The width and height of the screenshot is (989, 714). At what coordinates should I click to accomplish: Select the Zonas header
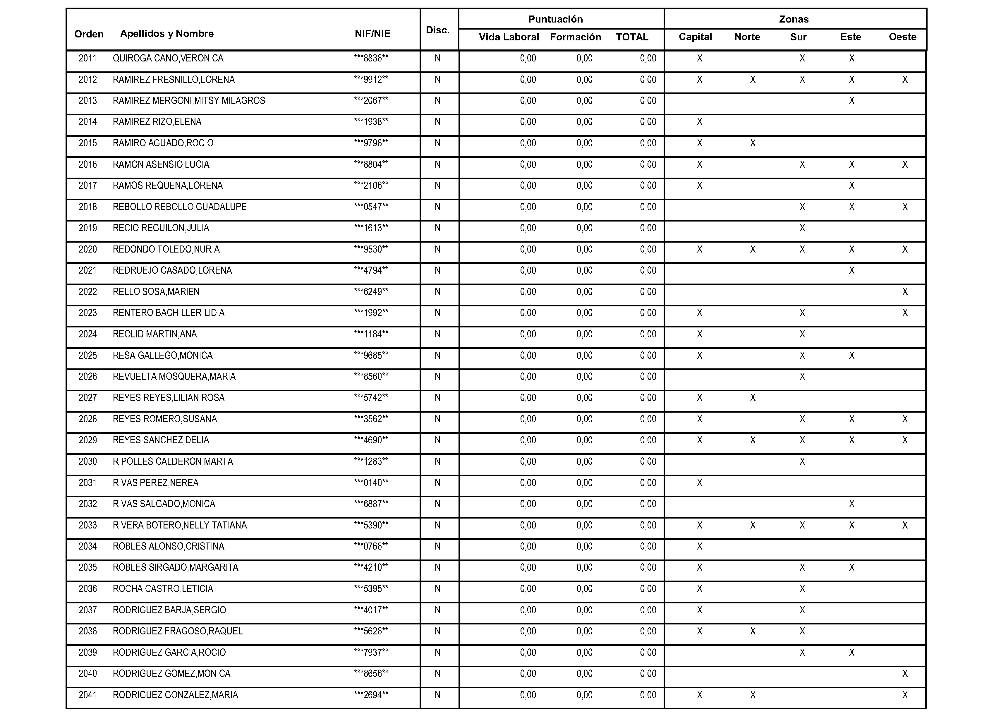tap(794, 19)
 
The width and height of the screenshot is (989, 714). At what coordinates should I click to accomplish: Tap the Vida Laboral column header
tap(509, 37)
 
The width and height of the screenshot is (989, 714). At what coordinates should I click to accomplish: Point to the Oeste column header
tap(902, 37)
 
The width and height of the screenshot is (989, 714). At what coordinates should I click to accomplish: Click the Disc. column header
tap(437, 30)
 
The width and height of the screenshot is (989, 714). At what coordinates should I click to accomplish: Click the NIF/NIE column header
tap(372, 34)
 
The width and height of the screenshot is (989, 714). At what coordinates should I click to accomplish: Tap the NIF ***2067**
tap(371, 101)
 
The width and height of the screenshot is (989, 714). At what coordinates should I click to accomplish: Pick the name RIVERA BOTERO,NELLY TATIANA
tap(180, 525)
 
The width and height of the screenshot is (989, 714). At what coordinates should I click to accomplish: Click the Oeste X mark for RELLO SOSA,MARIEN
tap(905, 292)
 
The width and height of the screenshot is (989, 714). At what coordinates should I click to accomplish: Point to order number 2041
tap(88, 695)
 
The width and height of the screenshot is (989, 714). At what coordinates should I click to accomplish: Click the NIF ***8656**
tap(371, 673)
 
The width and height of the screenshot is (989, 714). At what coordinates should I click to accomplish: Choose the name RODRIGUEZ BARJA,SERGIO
tap(169, 610)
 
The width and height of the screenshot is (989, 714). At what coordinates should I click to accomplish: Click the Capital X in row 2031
tap(699, 483)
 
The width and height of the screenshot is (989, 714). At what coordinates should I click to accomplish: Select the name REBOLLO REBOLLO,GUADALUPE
tap(180, 207)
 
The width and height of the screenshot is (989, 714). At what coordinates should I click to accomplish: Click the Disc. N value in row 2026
tap(437, 376)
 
